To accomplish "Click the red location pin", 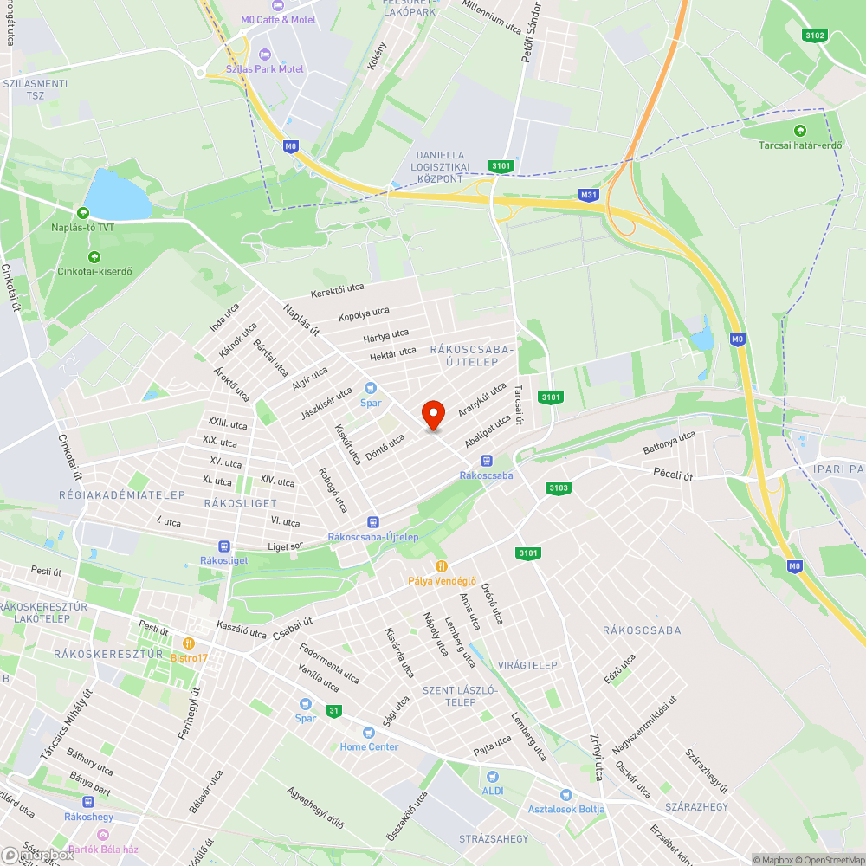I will pos(433,415).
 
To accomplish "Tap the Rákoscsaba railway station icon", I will pos(486,461).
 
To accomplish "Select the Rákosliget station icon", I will pos(224,546).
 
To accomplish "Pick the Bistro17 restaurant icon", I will pos(189,643).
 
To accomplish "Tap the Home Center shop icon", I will pos(369,733).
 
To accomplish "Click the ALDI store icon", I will pos(493,778).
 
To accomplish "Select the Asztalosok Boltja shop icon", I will pos(566,795).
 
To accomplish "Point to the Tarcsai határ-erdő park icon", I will pos(799,131).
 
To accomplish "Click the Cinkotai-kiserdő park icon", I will pos(94,256).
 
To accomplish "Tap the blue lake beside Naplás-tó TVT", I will pos(118,195).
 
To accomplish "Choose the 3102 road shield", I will pos(815,36).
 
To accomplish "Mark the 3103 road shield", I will pos(559,488).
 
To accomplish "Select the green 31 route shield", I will pos(334,711).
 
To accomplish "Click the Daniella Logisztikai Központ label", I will pos(443,166).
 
